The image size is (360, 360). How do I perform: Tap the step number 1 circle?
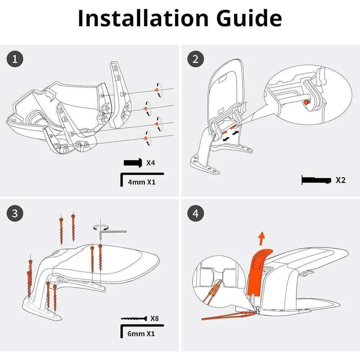15,59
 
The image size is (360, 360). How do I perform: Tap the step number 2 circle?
195,59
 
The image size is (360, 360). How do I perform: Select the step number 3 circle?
15,213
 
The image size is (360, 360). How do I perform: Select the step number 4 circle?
195,213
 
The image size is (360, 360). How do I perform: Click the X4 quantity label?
150,163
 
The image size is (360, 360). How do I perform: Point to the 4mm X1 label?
141,182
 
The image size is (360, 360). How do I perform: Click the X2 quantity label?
340,180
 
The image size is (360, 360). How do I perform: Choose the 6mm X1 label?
141,333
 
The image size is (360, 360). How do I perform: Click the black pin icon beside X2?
316,180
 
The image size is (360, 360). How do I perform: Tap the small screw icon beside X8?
134,318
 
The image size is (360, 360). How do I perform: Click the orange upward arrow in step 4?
262,238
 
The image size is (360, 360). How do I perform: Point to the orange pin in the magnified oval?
305,103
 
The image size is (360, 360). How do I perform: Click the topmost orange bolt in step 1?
157,90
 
